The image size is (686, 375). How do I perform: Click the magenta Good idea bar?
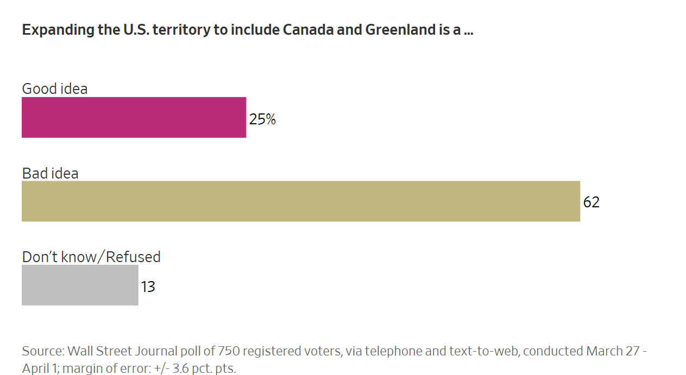click(134, 117)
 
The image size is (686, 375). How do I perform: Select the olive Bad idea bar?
click(301, 201)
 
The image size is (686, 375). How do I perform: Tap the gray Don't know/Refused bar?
click(80, 285)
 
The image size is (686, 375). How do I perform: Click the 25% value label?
click(262, 119)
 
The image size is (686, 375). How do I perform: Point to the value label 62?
click(591, 202)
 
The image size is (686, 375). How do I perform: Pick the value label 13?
click(148, 287)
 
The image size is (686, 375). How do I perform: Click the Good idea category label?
click(54, 88)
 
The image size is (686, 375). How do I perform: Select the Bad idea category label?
click(50, 173)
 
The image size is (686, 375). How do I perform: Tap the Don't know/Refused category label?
click(91, 257)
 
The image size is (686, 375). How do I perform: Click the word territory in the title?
click(182, 29)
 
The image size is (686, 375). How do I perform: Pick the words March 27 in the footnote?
click(611, 351)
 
